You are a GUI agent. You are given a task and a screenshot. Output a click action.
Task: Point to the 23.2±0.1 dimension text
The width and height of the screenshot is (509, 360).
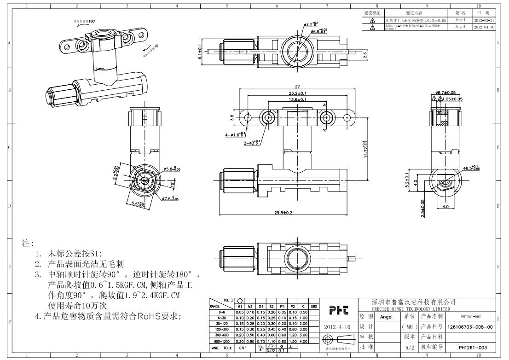tap(297, 93)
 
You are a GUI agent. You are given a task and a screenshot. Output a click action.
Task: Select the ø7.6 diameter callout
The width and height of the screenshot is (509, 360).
tap(170, 199)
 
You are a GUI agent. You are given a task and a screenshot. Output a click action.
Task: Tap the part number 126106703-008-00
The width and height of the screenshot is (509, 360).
tap(470, 326)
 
